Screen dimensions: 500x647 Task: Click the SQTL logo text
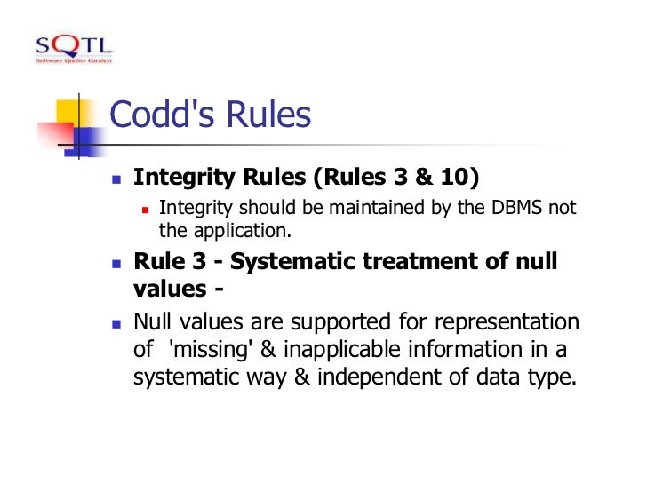tap(74, 45)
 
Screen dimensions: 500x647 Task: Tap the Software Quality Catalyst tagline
tap(74, 60)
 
